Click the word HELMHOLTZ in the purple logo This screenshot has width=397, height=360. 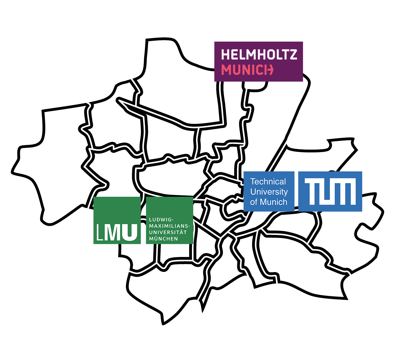coord(259,55)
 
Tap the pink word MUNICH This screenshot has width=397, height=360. coord(247,70)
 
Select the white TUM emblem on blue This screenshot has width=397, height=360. coord(330,191)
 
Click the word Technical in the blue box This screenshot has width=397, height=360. coord(268,182)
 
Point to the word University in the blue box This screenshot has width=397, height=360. coord(269,192)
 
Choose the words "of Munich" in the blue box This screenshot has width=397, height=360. coord(269,202)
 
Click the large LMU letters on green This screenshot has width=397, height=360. coord(117,232)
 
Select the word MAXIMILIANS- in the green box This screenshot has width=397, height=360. coord(169,226)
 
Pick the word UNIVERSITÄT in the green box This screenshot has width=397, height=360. coord(168,232)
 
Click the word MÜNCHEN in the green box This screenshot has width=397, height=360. coord(163,239)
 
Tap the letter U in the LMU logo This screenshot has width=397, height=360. coord(130,232)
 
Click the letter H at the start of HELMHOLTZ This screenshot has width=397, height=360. coord(225,55)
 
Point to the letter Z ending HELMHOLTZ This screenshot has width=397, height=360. coord(293,55)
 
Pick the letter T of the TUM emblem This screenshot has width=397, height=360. coord(311,191)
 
